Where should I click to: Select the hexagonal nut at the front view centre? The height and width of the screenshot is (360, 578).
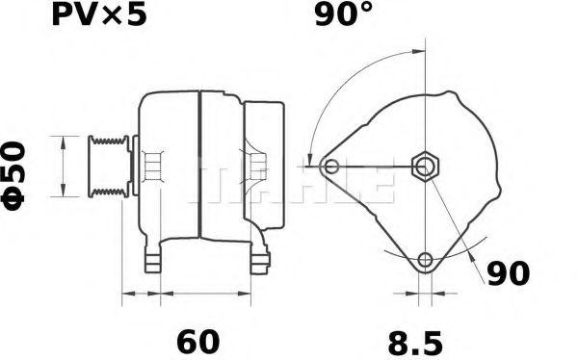[424, 167]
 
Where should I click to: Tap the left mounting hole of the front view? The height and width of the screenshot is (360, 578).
[331, 167]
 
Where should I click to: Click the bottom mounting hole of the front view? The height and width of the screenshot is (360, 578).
[425, 260]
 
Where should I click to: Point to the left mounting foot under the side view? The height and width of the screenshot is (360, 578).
[152, 258]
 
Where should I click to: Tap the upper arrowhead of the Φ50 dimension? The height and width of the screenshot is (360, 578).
[64, 141]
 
